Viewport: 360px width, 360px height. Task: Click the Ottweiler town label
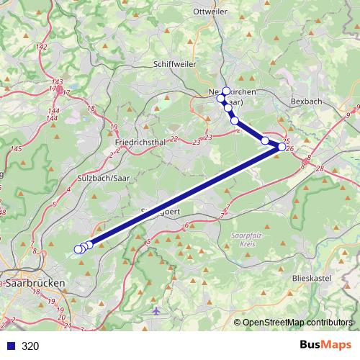click(210, 12)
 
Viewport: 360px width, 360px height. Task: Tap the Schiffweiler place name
click(174, 63)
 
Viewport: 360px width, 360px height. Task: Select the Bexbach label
click(306, 102)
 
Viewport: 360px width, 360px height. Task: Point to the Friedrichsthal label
click(140, 143)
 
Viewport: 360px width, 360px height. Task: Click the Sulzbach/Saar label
click(100, 176)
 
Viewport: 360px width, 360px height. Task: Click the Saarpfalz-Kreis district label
click(248, 238)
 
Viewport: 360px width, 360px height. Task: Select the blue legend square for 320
click(10, 346)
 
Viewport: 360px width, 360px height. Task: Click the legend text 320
click(30, 346)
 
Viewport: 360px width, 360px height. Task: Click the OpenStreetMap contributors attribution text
click(298, 323)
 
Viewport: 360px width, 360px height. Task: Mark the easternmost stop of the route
click(282, 147)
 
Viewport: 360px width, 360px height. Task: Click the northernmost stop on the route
click(225, 91)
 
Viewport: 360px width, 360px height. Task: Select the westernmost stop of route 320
click(78, 250)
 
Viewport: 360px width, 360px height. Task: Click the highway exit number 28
click(320, 168)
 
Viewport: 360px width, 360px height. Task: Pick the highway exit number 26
click(290, 149)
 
